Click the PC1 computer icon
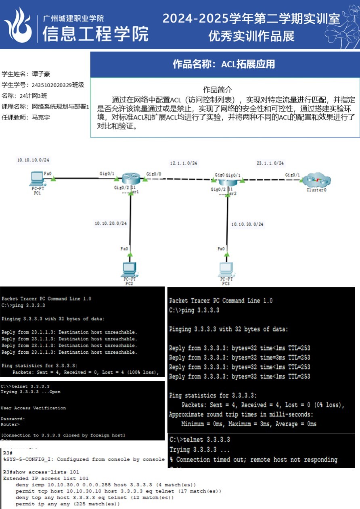click(x=37, y=178)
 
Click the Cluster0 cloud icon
click(x=317, y=179)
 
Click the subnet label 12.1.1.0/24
click(x=184, y=163)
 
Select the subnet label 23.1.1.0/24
click(x=270, y=163)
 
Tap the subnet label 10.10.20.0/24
click(x=111, y=223)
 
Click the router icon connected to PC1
click(x=131, y=179)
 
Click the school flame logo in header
click(x=18, y=25)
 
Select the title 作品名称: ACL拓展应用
click(x=224, y=64)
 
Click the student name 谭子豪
click(x=41, y=74)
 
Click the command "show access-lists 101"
click(x=46, y=472)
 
